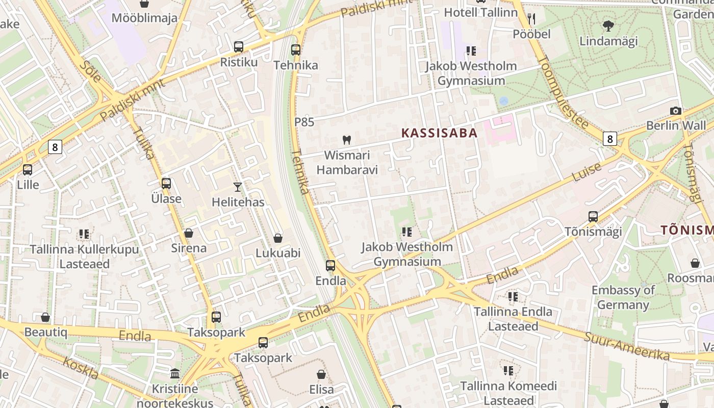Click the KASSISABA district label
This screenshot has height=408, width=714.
point(439,133)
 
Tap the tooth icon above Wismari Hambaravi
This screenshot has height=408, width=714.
point(347,140)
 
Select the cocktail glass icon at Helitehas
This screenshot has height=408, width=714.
point(238,187)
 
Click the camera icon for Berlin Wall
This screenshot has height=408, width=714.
point(676,111)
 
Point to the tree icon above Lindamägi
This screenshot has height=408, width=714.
point(608,25)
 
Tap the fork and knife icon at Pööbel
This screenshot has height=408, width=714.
point(531,19)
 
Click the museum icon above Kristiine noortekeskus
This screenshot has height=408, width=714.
point(175,374)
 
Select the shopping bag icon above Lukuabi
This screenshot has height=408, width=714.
point(278,238)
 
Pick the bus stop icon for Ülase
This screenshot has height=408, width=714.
point(166,184)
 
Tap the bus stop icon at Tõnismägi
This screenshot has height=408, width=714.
point(593,216)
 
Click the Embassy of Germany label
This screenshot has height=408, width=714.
point(623,297)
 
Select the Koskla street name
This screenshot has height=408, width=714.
point(81,368)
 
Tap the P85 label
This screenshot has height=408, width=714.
point(304,122)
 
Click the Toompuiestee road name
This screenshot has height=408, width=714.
point(563,91)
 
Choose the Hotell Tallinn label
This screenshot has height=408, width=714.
point(480,12)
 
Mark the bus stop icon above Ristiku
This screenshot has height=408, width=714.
point(239,47)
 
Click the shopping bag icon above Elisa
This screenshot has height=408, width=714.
point(321,374)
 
